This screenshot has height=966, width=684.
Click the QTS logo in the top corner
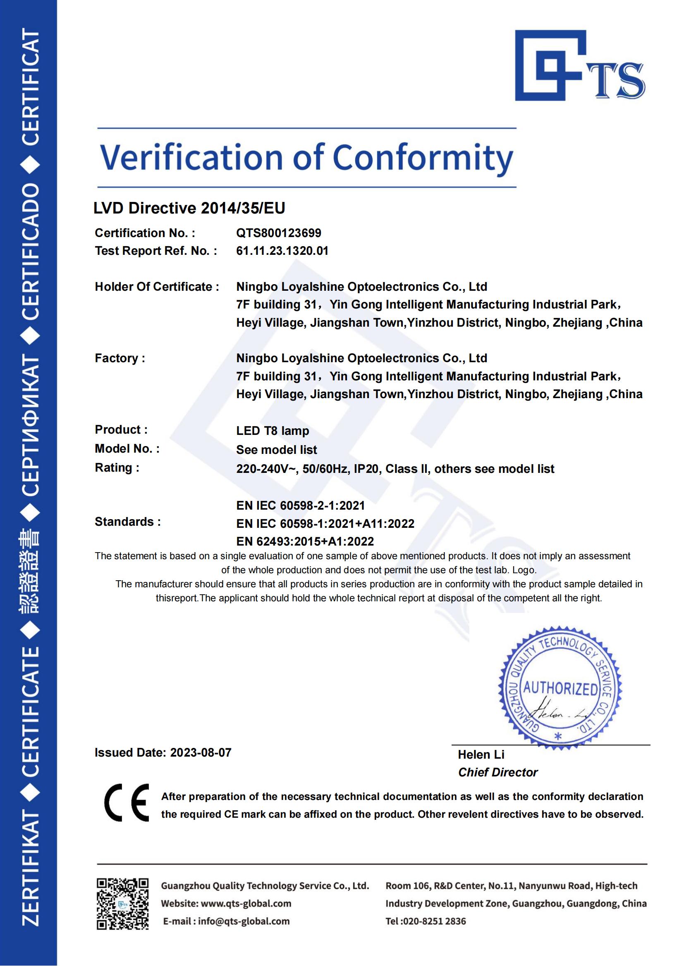pyautogui.click(x=579, y=66)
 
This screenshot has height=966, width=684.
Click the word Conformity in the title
pyautogui.click(x=423, y=158)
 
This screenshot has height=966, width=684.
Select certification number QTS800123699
pyautogui.click(x=278, y=233)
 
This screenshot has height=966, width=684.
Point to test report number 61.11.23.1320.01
pyautogui.click(x=282, y=251)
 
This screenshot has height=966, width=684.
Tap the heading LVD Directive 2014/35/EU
pyautogui.click(x=189, y=208)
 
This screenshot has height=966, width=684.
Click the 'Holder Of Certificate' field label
pyautogui.click(x=156, y=287)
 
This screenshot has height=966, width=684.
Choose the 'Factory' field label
pyautogui.click(x=120, y=358)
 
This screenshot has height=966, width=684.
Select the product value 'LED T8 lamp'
pyautogui.click(x=273, y=430)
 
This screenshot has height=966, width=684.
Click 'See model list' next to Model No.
pyautogui.click(x=276, y=449)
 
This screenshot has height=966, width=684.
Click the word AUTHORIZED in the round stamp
pyautogui.click(x=560, y=689)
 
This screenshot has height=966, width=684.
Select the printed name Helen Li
pyautogui.click(x=481, y=755)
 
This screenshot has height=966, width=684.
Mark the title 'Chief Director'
pyautogui.click(x=497, y=772)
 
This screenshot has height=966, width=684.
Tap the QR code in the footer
pyautogui.click(x=122, y=903)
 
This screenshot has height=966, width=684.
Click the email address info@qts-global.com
pyautogui.click(x=244, y=921)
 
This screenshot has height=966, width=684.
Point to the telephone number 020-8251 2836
pyautogui.click(x=433, y=921)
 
